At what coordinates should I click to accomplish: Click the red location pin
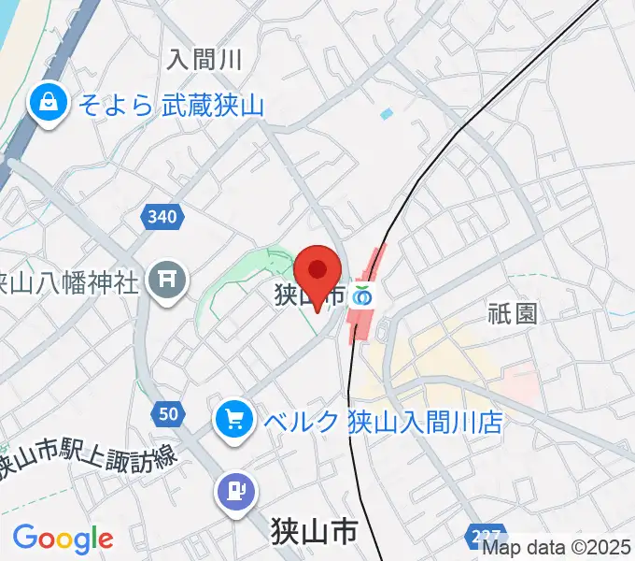click(318, 271)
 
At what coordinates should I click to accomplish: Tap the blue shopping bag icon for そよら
click(46, 104)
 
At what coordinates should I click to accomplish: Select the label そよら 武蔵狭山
click(168, 105)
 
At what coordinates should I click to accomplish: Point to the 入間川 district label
click(205, 61)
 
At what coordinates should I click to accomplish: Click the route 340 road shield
click(161, 217)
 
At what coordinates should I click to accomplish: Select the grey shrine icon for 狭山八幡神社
click(168, 279)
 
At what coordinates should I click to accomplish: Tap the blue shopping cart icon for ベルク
click(233, 420)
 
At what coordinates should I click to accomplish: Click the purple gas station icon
click(235, 487)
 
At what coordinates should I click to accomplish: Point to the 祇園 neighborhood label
click(513, 312)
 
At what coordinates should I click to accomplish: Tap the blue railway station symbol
click(362, 296)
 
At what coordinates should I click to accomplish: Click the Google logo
click(63, 539)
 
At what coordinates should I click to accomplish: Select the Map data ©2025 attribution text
click(557, 548)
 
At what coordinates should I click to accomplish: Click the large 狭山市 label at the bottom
click(315, 532)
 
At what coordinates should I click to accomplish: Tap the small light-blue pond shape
click(387, 114)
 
